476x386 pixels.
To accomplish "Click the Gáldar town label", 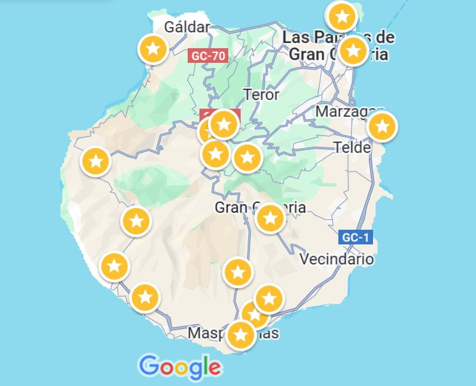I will (187, 27).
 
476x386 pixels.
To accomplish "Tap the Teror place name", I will (261, 94).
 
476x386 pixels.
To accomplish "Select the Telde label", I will (352, 147).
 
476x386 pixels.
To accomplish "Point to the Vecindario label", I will (337, 259).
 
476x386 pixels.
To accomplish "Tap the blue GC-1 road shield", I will (356, 237).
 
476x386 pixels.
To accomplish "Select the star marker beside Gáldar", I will (153, 49).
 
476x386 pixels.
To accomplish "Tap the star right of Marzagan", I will (382, 126).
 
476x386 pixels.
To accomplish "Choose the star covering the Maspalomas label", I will (240, 335).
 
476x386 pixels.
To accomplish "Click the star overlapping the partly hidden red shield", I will (223, 124).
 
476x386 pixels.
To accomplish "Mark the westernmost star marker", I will (95, 160).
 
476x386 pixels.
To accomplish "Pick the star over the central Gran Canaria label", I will (270, 219).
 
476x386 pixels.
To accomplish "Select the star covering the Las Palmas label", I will (353, 51).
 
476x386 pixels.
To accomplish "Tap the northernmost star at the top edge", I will (342, 16).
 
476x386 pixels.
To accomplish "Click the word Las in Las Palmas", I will (295, 38).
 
